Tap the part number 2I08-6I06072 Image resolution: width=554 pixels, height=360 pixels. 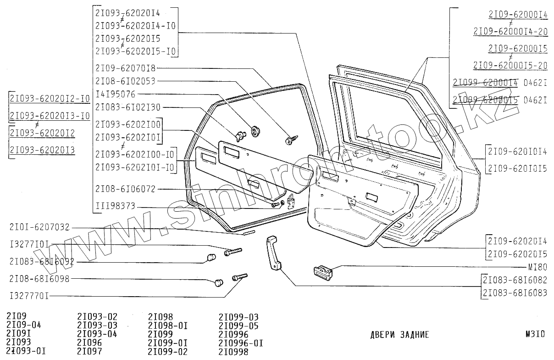125,189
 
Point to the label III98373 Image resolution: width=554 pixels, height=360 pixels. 115,207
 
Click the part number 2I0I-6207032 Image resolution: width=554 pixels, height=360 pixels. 39,227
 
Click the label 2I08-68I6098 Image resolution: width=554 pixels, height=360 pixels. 39,279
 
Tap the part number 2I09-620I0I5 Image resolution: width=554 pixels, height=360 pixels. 517,169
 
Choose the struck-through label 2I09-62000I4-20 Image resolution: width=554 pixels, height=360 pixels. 510,31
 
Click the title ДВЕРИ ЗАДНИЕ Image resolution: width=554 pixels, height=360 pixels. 399,335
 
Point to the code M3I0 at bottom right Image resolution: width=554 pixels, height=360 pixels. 535,335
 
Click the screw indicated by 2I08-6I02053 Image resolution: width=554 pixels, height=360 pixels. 290,139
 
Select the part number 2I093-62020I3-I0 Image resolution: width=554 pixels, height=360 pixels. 50,115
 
